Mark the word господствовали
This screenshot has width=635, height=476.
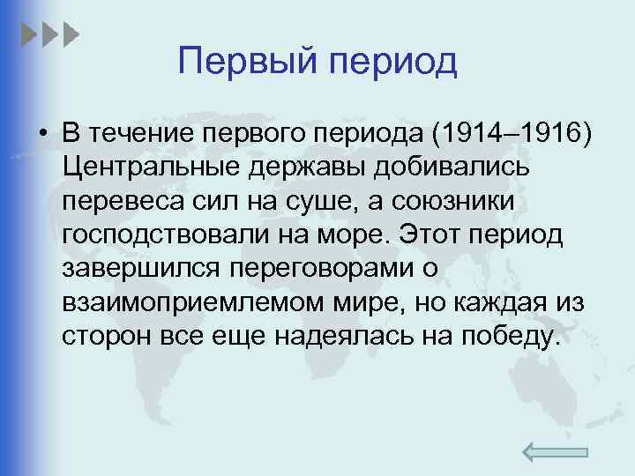click(x=161, y=236)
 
